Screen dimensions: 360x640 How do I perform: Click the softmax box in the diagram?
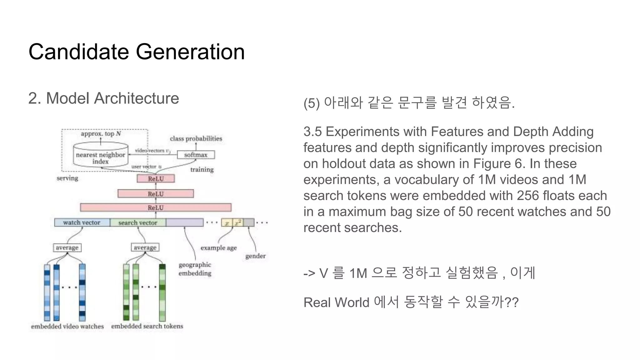196,155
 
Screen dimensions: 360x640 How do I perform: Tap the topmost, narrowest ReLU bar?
156,179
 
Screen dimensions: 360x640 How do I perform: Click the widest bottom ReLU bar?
156,207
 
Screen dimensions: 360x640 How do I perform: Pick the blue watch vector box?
82,222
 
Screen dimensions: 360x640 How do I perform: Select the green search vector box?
138,222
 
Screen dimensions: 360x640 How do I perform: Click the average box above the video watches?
67,247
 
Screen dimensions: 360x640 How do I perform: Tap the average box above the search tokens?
145,247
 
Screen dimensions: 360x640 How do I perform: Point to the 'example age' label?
218,248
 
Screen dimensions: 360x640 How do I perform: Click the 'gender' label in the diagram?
255,256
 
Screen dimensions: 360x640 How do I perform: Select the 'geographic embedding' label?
195,269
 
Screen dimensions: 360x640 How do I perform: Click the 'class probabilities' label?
196,138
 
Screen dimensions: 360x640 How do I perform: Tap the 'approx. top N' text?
101,134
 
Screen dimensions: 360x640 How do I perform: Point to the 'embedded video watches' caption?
67,326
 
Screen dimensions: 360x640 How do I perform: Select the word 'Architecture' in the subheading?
137,98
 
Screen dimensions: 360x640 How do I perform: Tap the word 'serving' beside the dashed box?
67,178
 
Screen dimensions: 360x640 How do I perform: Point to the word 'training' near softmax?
202,169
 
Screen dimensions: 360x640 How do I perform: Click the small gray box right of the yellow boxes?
249,222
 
